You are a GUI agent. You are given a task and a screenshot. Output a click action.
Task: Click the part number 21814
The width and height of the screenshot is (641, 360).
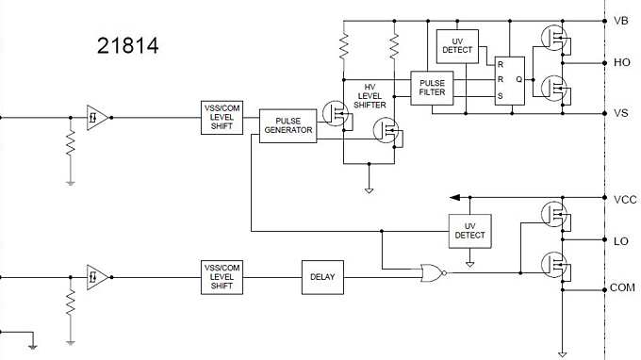128,44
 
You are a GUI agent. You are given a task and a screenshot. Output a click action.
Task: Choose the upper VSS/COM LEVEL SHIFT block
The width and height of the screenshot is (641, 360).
222,117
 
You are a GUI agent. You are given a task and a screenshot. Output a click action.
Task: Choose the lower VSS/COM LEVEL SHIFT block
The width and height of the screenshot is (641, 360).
222,277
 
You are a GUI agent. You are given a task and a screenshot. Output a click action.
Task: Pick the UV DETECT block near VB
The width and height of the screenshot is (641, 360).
457,44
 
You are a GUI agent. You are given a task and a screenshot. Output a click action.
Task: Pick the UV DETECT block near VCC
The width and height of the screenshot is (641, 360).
469,229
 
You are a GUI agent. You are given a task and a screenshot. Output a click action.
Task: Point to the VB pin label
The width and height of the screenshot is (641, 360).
620,20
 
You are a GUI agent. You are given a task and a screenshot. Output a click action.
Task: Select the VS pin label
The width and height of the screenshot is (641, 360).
620,113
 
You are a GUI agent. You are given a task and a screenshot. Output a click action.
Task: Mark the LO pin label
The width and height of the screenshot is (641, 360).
620,241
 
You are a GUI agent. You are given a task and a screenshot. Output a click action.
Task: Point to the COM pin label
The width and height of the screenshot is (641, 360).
622,286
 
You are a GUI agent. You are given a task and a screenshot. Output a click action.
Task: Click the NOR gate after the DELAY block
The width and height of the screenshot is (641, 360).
431,273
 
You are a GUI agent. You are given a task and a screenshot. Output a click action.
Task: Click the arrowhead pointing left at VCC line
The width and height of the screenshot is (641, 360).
455,198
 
